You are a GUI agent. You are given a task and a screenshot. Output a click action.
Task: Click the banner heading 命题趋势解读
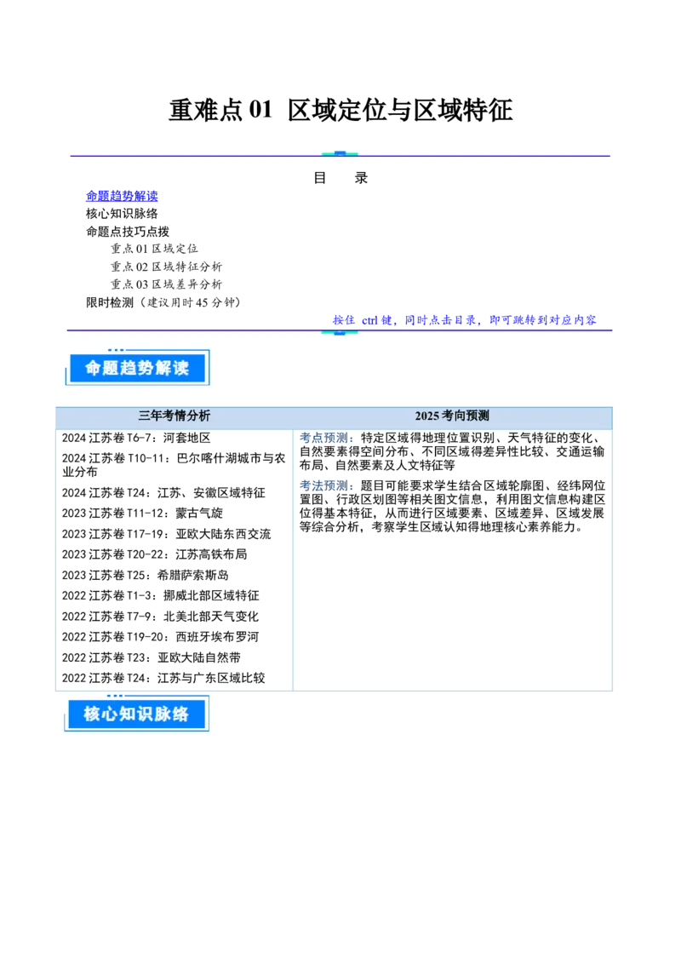136,368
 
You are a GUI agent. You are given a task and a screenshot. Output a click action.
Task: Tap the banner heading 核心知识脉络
136,714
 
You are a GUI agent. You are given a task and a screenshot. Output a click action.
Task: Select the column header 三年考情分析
175,416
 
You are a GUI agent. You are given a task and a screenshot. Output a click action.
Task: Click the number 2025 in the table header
427,416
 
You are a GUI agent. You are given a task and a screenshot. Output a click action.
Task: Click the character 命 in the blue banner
94,368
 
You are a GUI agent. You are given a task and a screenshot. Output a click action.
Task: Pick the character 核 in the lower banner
93,714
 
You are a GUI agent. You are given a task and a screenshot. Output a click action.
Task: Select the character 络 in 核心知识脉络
180,714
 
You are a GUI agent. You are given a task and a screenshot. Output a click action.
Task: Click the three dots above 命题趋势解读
116,350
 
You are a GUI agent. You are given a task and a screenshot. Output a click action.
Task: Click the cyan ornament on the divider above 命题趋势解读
340,332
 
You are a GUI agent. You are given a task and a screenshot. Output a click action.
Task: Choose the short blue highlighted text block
123,196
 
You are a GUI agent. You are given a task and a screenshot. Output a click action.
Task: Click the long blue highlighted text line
464,319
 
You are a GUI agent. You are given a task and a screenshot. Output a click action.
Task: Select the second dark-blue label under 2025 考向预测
325,485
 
